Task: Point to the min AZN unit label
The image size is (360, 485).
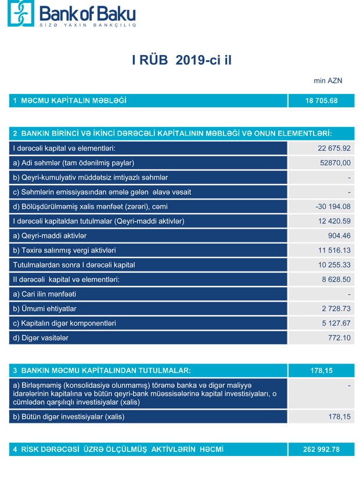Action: [328, 81]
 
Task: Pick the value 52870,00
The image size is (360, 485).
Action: [333, 163]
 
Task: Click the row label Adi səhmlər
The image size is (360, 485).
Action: [74, 163]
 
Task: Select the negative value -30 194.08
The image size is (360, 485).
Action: [330, 207]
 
